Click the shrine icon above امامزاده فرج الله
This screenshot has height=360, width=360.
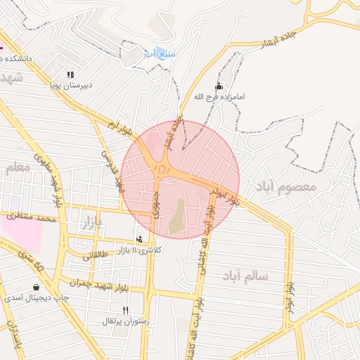pos(218,86)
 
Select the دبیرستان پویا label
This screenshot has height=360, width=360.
pos(70,86)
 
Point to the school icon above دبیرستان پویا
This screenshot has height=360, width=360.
pos(70,75)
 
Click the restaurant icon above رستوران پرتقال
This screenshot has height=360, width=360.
pos(126,309)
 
